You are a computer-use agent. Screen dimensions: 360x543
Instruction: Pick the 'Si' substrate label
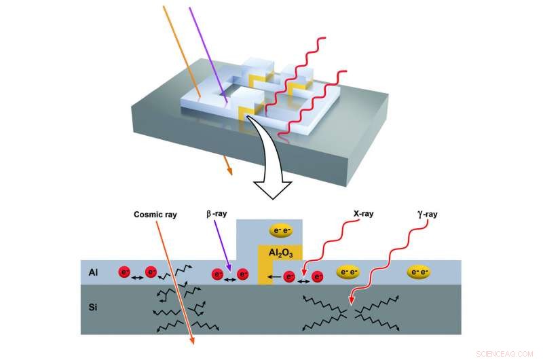94,308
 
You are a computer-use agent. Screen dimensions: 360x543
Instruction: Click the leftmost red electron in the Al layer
124,272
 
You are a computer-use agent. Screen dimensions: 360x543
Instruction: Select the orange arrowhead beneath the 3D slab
229,170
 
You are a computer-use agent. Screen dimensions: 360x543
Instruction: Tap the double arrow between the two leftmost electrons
136,278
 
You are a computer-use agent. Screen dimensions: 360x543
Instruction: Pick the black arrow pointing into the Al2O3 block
274,277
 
